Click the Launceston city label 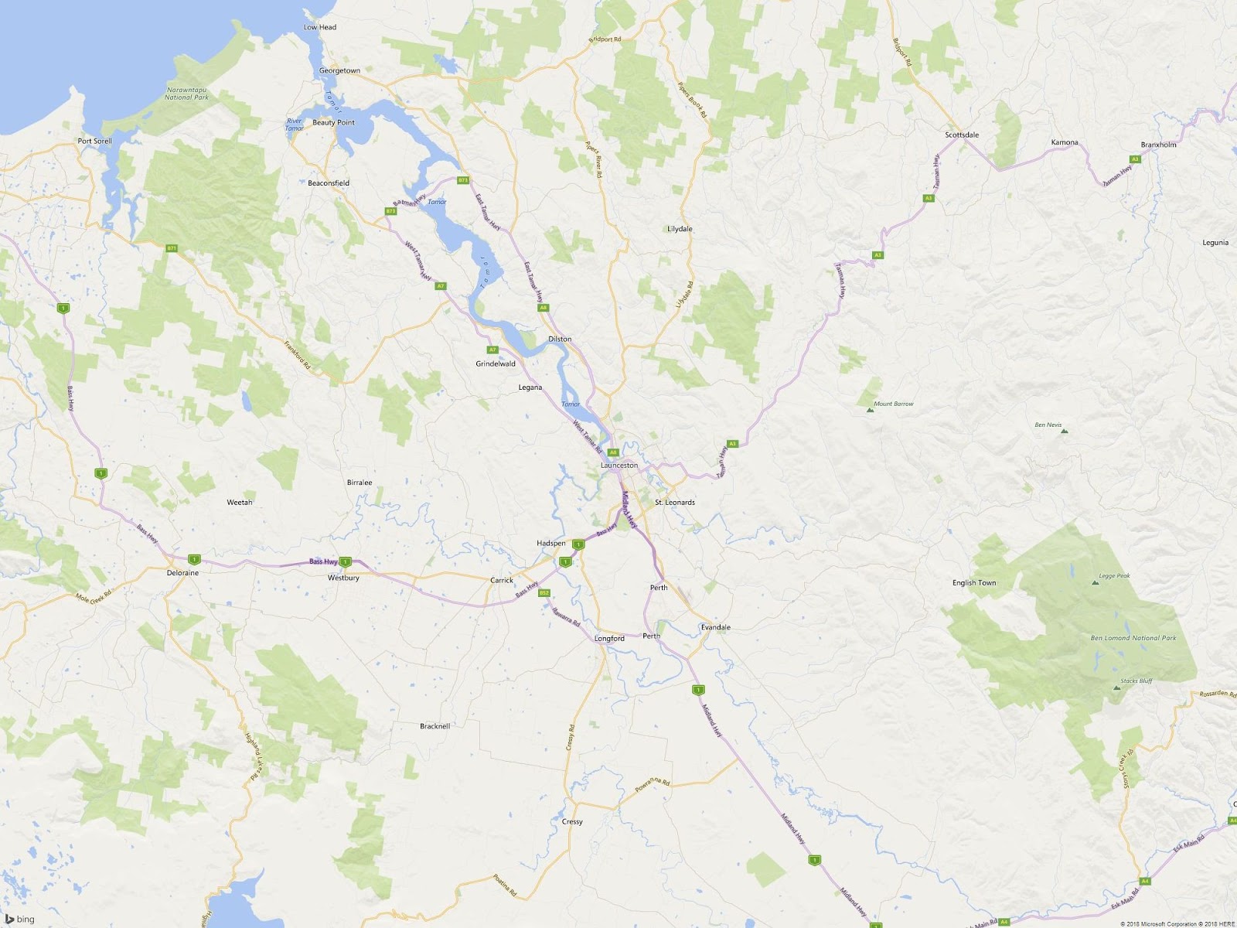point(619,466)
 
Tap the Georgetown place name point(339,70)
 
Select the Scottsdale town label point(962,135)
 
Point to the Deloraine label point(182,573)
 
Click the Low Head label point(320,27)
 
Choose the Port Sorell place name point(94,141)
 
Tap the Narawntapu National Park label point(186,94)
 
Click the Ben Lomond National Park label point(1133,638)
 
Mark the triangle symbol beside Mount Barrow point(870,410)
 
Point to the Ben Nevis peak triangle point(1065,432)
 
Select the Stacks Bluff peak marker point(1116,687)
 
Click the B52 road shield point(544,593)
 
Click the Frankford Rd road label point(297,355)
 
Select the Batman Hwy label point(410,200)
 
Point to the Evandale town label point(715,627)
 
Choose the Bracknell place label point(434,726)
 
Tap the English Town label point(974,583)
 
